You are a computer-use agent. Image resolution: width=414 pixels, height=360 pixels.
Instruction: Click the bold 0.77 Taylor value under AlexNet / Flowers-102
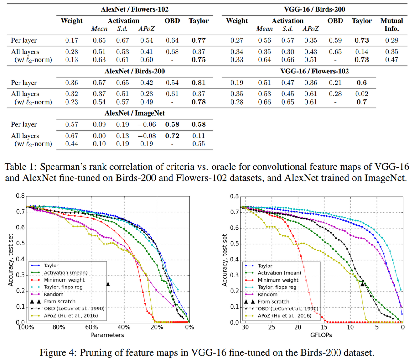point(199,40)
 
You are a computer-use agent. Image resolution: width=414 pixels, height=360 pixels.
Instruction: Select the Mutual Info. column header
point(391,24)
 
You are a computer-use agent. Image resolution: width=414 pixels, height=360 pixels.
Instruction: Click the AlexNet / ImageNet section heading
point(135,113)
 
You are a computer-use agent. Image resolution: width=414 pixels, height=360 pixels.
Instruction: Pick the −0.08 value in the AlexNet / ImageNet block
point(147,136)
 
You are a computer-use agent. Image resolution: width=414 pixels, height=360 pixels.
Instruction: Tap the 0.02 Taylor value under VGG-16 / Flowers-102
point(361,94)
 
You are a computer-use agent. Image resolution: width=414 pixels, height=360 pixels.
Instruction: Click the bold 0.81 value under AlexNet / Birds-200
point(199,83)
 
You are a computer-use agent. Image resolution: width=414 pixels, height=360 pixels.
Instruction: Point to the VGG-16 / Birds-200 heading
point(314,9)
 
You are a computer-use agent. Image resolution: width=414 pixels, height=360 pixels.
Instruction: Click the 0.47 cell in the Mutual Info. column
point(391,60)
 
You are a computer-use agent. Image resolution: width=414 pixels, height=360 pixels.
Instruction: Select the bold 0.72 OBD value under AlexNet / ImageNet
point(172,136)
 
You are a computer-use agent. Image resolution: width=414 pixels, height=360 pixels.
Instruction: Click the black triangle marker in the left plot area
point(108,284)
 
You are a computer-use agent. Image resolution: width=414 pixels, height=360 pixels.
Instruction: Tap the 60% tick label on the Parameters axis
point(91,327)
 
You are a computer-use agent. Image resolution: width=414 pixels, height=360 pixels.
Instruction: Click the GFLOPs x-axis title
point(321,335)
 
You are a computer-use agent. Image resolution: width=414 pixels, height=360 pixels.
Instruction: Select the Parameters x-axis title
point(107,335)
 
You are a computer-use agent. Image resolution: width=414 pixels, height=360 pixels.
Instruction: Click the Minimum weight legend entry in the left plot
point(64,280)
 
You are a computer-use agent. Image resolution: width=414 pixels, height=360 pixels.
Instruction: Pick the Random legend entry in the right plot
point(267,294)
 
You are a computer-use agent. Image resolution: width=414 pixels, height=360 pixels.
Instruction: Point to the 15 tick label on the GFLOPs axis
point(324,327)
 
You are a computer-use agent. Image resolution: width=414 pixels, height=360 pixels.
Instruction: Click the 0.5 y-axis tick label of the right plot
point(234,244)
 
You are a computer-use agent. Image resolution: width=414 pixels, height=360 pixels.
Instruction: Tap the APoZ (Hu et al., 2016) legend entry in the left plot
point(71,316)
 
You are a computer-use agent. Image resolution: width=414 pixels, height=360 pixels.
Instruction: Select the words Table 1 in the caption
point(21,167)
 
